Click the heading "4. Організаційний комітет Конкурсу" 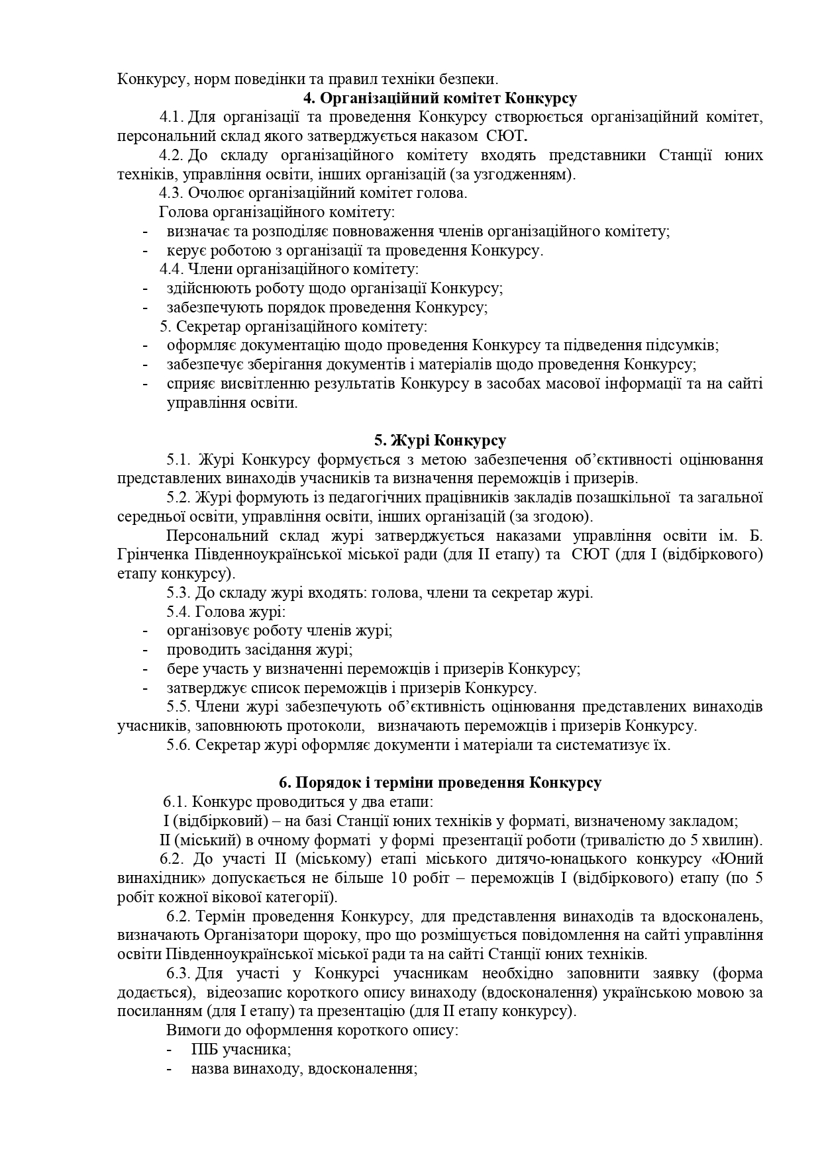click(440, 99)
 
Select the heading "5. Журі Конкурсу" click(440, 441)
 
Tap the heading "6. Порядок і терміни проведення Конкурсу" click(440, 783)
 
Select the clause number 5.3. click(178, 593)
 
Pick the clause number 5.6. click(178, 745)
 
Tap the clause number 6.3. click(179, 974)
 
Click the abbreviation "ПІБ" click(204, 1050)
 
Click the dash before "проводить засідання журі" click(145, 650)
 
